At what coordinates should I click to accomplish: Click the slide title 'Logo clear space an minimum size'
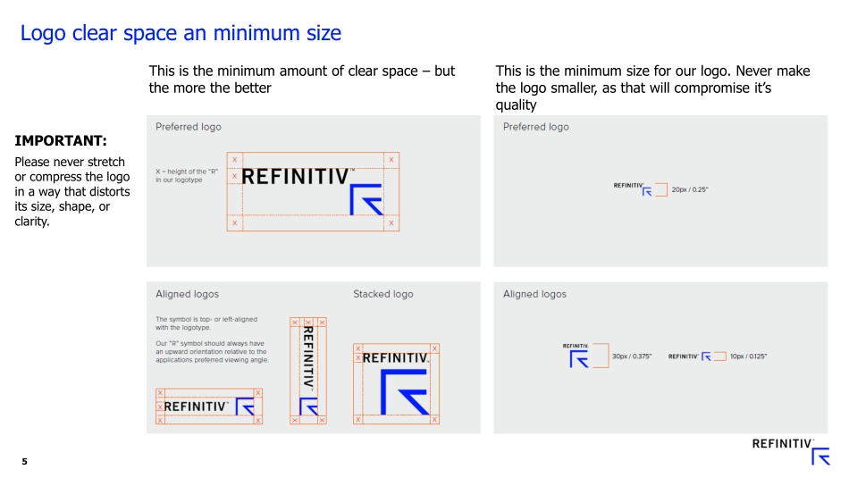point(181,34)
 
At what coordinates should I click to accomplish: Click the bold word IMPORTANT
point(61,141)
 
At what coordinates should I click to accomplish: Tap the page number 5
point(25,461)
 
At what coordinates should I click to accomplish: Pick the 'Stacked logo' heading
point(382,294)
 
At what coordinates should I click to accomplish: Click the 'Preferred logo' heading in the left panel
point(189,127)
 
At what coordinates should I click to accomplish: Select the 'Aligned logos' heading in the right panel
point(534,294)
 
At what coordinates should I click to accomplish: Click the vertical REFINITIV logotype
point(307,355)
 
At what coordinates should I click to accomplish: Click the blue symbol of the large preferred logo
point(366,200)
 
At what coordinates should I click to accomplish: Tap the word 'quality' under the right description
point(516,105)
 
